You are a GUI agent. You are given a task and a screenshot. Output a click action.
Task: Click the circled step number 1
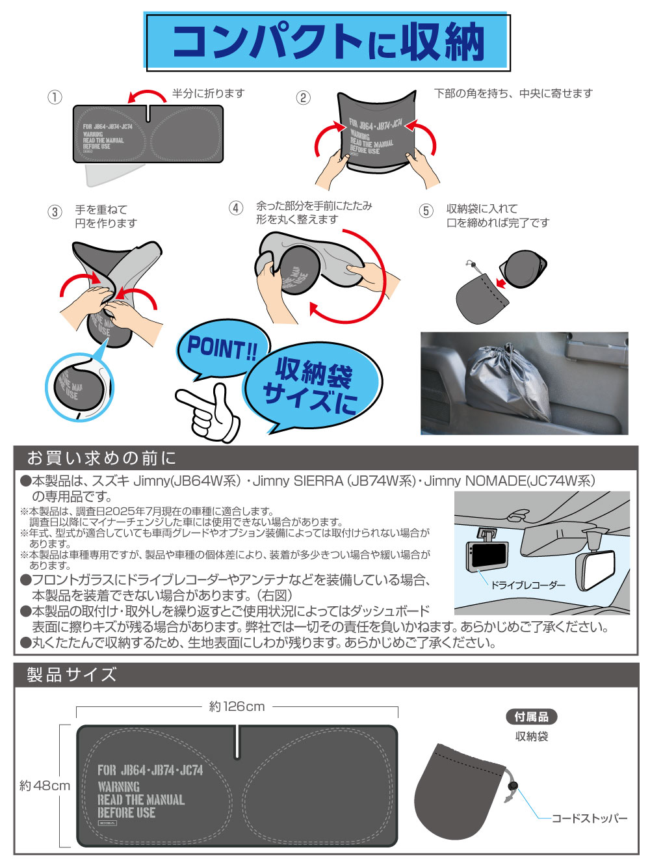tap(55, 97)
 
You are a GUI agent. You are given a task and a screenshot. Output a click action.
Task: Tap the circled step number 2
tap(303, 98)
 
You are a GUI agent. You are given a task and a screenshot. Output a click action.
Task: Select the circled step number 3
tap(55, 212)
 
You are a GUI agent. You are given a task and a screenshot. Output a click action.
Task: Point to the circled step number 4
tap(236, 208)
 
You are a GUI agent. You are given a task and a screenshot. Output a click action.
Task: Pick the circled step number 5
tap(426, 211)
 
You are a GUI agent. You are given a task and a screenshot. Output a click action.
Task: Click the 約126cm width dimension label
tap(237, 706)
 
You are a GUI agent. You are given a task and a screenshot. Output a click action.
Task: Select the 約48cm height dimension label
tap(45, 785)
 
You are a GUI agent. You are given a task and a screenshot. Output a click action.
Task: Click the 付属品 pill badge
tap(531, 717)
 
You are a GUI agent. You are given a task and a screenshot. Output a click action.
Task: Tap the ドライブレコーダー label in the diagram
tap(528, 585)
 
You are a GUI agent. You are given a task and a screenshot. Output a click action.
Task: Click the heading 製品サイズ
tap(72, 674)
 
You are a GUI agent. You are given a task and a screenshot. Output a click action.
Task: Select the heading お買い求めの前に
tap(102, 458)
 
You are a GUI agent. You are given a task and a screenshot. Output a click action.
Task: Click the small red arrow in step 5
tap(500, 283)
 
